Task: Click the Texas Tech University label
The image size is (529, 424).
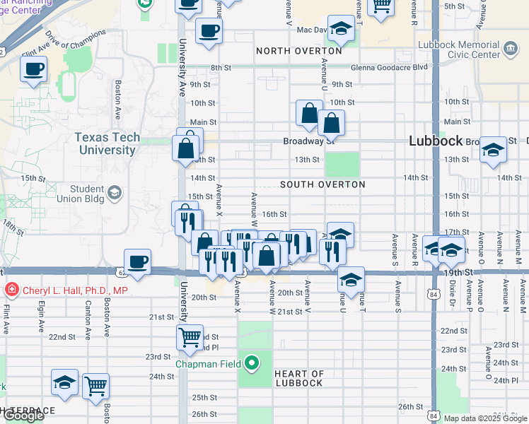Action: tap(107, 143)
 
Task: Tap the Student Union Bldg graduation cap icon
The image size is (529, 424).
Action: tap(114, 192)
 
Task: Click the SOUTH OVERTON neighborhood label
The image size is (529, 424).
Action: tap(322, 184)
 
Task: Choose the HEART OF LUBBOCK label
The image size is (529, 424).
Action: tap(298, 378)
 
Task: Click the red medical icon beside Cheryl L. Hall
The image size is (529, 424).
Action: tap(11, 290)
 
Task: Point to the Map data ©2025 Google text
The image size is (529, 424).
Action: tap(484, 418)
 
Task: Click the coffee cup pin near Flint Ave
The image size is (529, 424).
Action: tap(33, 70)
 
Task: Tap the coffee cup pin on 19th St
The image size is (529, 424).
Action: tap(137, 262)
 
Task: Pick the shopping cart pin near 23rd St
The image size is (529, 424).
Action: tap(190, 338)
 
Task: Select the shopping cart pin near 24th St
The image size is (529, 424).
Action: tap(96, 386)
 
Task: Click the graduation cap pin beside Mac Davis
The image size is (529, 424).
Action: tap(341, 29)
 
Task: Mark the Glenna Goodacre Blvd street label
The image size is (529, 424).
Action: tap(399, 67)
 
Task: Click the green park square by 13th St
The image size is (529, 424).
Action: tap(342, 164)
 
